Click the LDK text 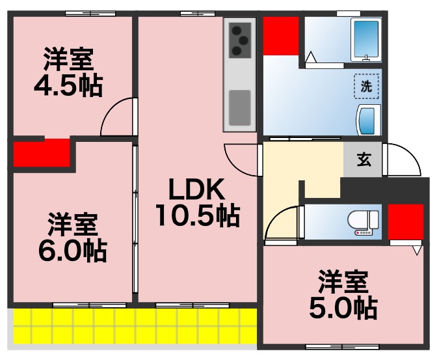click(196, 190)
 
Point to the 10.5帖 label click(196, 215)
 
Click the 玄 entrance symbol click(364, 161)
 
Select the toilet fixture click(362, 222)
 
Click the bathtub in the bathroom click(365, 40)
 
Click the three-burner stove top click(240, 39)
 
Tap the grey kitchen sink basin click(240, 104)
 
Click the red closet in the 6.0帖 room click(42, 152)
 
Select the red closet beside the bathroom click(281, 36)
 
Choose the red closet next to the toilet click(401, 222)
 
